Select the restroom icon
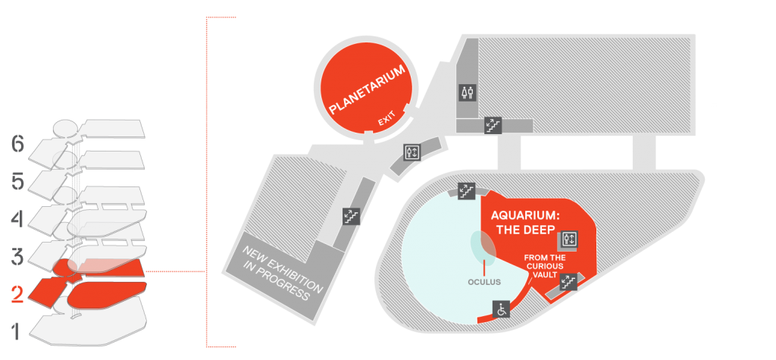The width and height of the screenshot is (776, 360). pyautogui.click(x=468, y=92)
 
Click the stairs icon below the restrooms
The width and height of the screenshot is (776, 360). pyautogui.click(x=493, y=126)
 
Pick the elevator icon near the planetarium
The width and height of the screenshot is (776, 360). pyautogui.click(x=411, y=152)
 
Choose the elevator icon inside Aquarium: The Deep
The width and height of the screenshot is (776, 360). pyautogui.click(x=570, y=239)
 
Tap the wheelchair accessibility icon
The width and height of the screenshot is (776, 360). pyautogui.click(x=502, y=309)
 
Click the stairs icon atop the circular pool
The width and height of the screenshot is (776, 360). pyautogui.click(x=466, y=191)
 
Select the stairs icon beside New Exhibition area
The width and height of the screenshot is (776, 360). pyautogui.click(x=351, y=215)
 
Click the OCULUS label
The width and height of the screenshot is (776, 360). pyautogui.click(x=484, y=282)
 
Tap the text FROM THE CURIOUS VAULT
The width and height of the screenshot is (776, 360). pyautogui.click(x=544, y=267)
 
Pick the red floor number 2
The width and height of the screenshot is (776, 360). pyautogui.click(x=17, y=294)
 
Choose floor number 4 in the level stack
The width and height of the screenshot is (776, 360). pyautogui.click(x=17, y=219)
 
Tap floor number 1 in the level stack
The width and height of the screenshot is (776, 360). pyautogui.click(x=17, y=331)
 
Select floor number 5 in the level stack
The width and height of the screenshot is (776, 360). pyautogui.click(x=17, y=182)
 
